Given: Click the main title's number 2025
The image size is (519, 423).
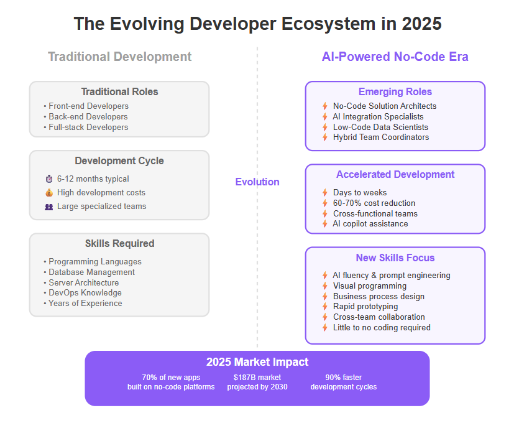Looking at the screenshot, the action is pos(421,24).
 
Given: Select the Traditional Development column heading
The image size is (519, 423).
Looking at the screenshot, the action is pos(120,57).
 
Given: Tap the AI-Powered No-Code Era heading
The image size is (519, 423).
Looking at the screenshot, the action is pos(395,57).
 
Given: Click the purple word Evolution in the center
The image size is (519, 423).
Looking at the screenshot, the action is pos(257,182).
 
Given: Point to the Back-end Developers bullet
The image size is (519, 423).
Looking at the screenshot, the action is pos(86,116).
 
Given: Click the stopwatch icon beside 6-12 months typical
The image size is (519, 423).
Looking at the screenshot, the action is pos(49,179).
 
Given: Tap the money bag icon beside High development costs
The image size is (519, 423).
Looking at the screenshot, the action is pos(49,193).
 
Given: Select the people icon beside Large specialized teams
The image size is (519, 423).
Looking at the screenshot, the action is pos(49,207).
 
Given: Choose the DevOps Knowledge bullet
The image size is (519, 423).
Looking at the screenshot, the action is pos(83,293).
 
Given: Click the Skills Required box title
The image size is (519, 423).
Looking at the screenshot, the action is pos(119,243).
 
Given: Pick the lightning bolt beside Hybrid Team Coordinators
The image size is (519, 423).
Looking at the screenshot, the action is pos(325,137).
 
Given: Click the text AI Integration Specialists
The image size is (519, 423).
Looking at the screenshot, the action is pos(378,116).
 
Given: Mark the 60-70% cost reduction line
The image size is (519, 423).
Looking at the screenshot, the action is pos(374,203).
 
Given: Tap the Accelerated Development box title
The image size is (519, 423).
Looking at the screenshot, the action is pos(395,175).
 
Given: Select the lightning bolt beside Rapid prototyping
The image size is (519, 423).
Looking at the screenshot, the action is pos(325,307).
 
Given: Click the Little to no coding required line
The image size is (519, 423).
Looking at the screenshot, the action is pos(382,328).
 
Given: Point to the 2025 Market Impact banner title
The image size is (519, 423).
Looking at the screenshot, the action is pos(257,362).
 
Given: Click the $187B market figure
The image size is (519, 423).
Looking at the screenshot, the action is pos(257,378).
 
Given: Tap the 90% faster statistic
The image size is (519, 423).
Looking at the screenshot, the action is pos(344,378).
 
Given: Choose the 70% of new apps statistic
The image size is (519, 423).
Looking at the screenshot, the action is pos(171,378).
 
